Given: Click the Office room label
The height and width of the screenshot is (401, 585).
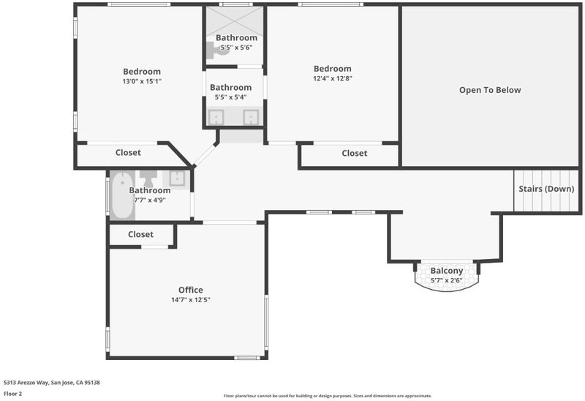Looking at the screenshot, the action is pyautogui.click(x=191, y=290).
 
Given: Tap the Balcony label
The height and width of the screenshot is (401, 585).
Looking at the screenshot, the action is pyautogui.click(x=447, y=271).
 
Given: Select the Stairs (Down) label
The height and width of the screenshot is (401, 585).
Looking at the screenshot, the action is pyautogui.click(x=546, y=189).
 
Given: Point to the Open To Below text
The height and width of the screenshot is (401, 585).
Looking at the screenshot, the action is pyautogui.click(x=490, y=90).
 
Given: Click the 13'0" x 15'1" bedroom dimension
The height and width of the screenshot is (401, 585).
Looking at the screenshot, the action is pyautogui.click(x=142, y=81).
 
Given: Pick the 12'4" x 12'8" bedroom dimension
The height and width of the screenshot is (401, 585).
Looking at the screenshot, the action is pyautogui.click(x=333, y=78).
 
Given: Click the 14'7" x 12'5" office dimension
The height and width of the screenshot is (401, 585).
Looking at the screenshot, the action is pyautogui.click(x=191, y=299).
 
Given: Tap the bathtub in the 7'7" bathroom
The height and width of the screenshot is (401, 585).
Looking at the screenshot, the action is pyautogui.click(x=122, y=195).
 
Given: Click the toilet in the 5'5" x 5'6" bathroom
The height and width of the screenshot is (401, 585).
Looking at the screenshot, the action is pyautogui.click(x=217, y=50).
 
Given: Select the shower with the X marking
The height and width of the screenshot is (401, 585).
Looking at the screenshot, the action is pyautogui.click(x=235, y=20).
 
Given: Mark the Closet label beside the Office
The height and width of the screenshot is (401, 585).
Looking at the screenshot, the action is pyautogui.click(x=140, y=234).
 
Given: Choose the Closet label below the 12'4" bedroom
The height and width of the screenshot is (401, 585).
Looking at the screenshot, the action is pyautogui.click(x=355, y=153).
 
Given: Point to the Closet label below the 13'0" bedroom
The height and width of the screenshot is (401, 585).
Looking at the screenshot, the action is pyautogui.click(x=128, y=152).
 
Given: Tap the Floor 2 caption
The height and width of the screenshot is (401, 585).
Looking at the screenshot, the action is pyautogui.click(x=12, y=394).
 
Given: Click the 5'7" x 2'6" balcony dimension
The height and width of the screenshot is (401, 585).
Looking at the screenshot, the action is pyautogui.click(x=447, y=280).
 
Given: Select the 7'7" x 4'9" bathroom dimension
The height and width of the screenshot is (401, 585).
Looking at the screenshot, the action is pyautogui.click(x=150, y=200).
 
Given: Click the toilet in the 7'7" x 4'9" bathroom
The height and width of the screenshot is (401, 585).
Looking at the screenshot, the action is pyautogui.click(x=148, y=179).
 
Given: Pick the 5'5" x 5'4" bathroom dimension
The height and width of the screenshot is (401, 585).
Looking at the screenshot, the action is pyautogui.click(x=230, y=97).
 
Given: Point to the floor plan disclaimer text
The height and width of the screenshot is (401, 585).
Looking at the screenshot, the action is pyautogui.click(x=328, y=396).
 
